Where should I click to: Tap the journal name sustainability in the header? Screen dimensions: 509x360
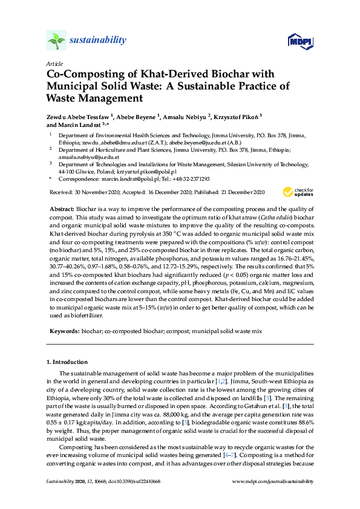98,41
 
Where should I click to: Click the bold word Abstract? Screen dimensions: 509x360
61,207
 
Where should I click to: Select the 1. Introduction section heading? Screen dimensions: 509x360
67,361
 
